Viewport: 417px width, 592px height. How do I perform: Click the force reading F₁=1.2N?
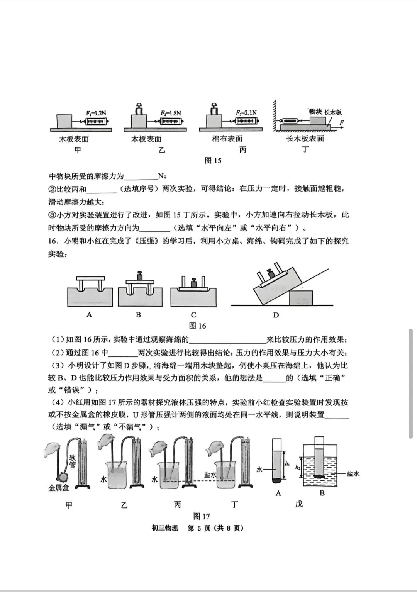click(x=96, y=113)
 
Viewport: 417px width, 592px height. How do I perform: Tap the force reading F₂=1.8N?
click(x=171, y=113)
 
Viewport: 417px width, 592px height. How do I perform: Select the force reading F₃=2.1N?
click(x=246, y=113)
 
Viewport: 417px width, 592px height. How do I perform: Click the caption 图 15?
click(x=213, y=161)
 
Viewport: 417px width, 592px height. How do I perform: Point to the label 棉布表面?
click(x=227, y=139)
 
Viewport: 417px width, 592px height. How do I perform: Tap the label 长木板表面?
click(x=305, y=139)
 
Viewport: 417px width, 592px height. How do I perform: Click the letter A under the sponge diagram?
click(x=89, y=315)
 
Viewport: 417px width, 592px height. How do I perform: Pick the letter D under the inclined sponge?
click(x=276, y=315)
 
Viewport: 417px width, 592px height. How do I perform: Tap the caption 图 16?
click(x=197, y=326)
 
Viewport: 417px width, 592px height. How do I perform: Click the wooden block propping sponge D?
click(x=301, y=298)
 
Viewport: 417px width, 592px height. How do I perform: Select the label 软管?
click(x=72, y=461)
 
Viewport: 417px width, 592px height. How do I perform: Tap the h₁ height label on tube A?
click(x=287, y=464)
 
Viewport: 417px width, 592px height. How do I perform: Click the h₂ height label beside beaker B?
click(x=298, y=467)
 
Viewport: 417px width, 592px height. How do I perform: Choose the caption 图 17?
click(x=201, y=516)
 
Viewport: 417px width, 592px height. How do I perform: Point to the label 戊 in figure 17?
click(x=299, y=504)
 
